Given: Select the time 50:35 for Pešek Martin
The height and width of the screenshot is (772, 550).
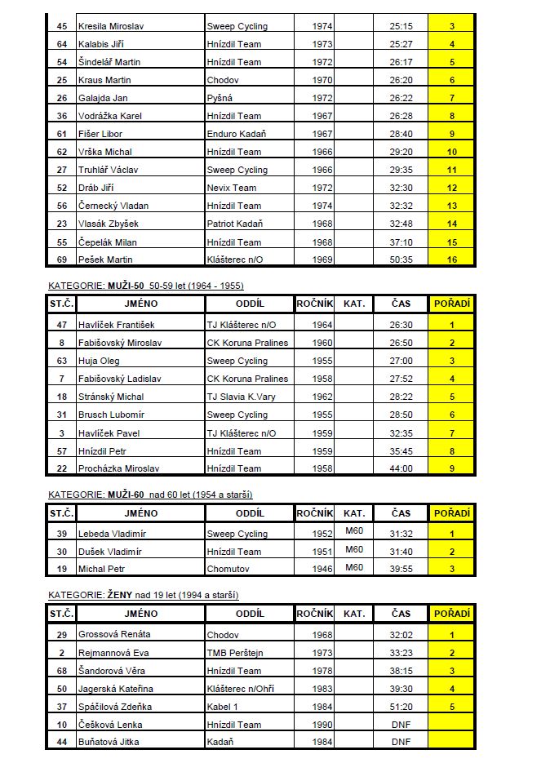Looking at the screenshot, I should point(401,260).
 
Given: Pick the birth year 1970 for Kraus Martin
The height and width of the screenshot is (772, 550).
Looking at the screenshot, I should point(322,80).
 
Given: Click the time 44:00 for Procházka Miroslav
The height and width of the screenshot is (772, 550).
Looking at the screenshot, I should point(401,468).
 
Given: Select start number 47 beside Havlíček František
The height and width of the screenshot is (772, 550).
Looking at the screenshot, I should point(61,325).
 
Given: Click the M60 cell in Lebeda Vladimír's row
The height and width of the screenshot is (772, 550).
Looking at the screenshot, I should point(353,532).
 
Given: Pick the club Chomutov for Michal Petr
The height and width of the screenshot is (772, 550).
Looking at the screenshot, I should point(228,569).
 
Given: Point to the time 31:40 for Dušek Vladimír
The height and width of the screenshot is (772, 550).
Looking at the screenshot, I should point(401,552).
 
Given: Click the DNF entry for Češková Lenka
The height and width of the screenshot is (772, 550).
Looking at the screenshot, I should point(401,724).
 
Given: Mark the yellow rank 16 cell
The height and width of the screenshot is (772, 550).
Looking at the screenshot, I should point(451,260).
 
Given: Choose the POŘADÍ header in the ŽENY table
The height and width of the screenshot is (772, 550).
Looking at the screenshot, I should point(451,613).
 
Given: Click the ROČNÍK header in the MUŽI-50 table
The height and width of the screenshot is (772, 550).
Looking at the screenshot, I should point(314,304).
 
